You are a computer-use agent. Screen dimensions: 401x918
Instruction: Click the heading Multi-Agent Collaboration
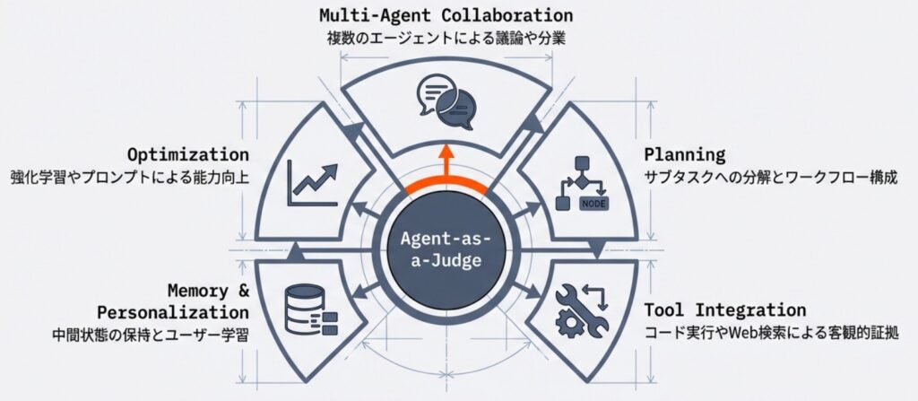[446, 15]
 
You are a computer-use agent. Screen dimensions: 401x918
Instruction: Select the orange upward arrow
[446, 161]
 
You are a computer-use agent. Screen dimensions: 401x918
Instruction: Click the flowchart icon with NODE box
[582, 184]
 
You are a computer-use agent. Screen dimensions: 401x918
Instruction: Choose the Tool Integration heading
[725, 310]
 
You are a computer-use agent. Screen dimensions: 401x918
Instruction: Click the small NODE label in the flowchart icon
[593, 203]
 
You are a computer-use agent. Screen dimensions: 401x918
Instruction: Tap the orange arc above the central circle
[446, 185]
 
